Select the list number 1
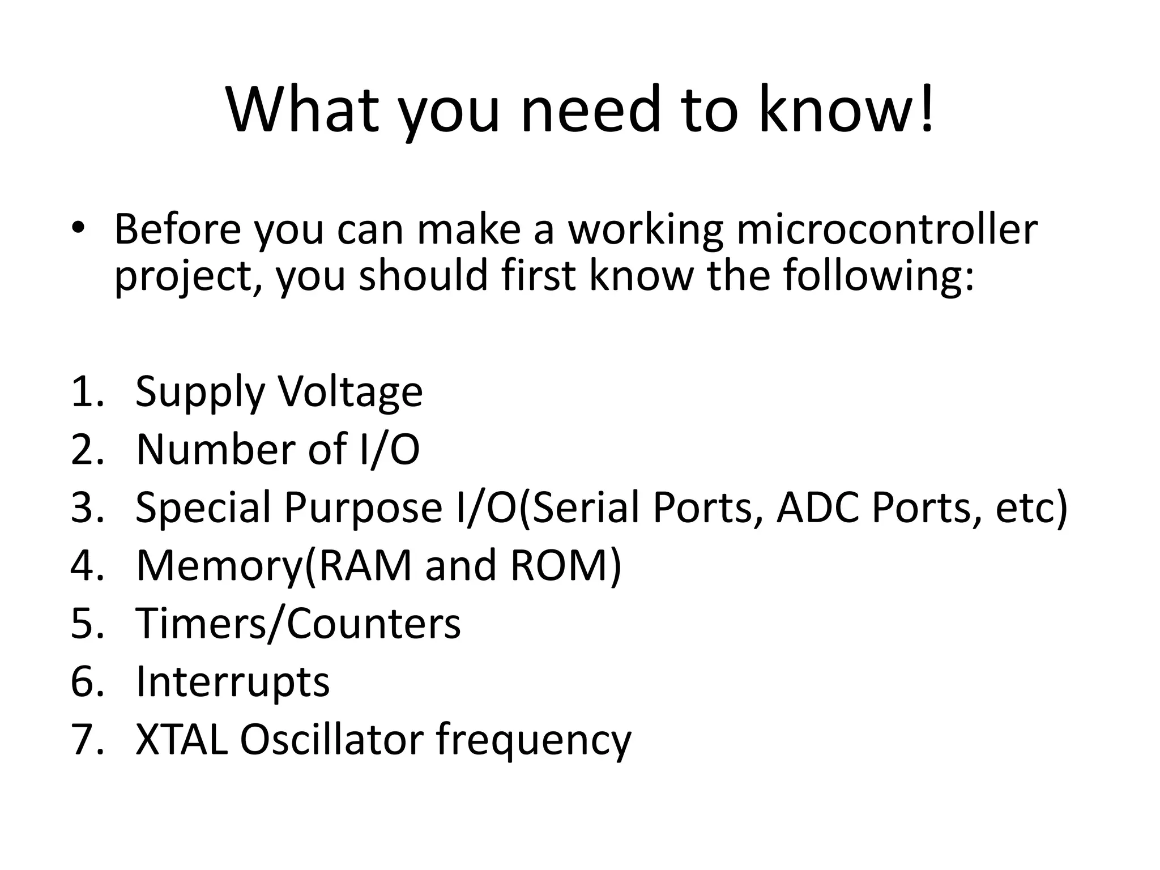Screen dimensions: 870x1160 (87, 392)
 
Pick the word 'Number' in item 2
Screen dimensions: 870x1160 (216, 450)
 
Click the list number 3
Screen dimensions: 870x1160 (87, 507)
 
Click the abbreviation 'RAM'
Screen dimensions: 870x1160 (365, 566)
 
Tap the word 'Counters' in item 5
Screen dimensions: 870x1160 (374, 624)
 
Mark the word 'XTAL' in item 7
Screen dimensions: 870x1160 (181, 740)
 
